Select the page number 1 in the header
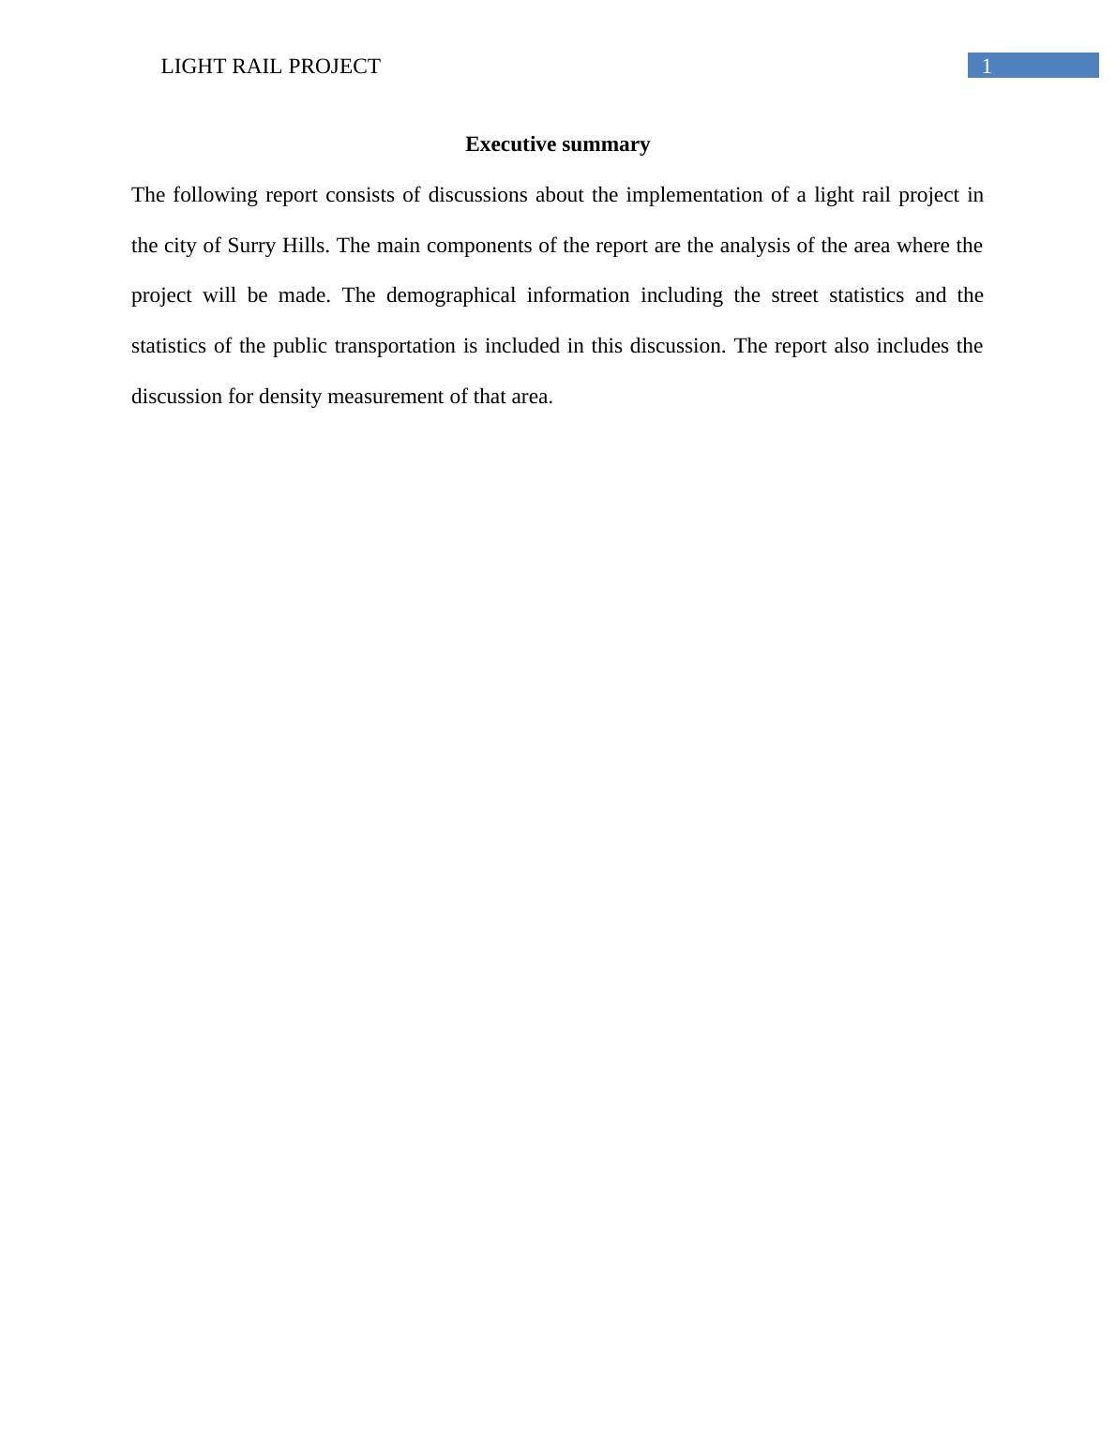coord(987,67)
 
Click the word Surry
coord(251,246)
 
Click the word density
coord(290,397)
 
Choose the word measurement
coord(385,397)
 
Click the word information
coord(578,295)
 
